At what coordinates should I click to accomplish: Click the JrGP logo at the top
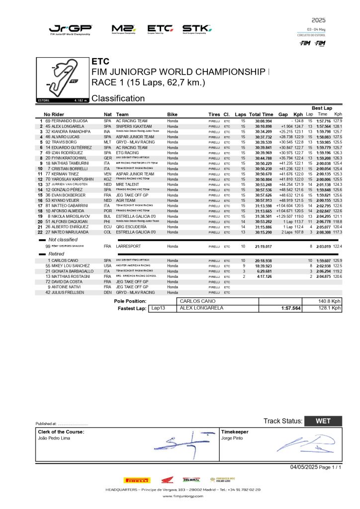70,29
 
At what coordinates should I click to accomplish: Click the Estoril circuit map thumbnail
63,80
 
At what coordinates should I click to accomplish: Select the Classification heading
118,98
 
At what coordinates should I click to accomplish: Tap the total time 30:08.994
264,121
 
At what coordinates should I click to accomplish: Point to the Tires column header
214,114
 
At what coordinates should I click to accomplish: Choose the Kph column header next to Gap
298,114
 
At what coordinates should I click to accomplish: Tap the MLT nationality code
107,142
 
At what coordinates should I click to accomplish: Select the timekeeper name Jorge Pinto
233,438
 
